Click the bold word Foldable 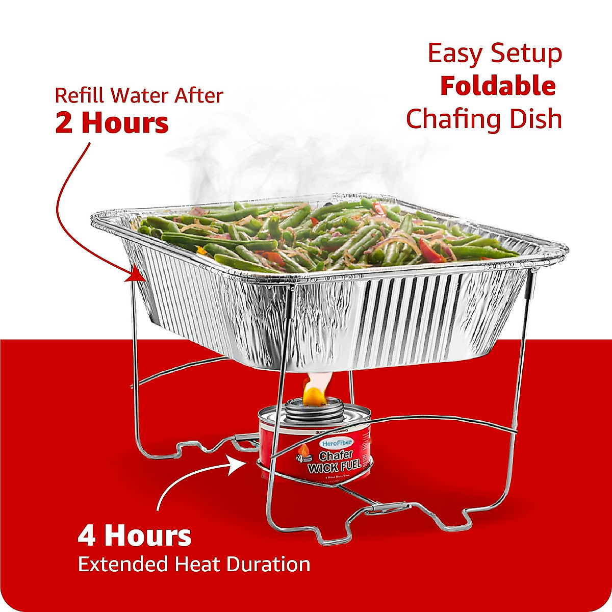click(498, 86)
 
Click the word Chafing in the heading click(449, 120)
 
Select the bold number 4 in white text click(87, 536)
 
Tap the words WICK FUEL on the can click(335, 466)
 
